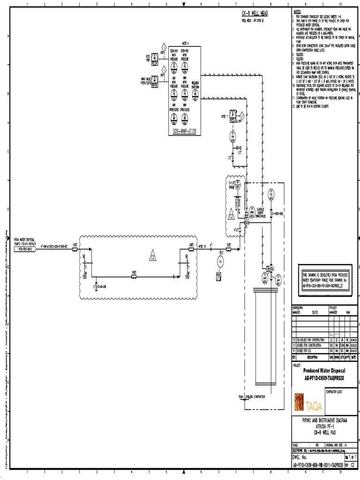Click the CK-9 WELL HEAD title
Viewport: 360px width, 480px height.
tap(255, 14)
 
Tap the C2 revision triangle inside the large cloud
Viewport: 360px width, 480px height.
tap(152, 256)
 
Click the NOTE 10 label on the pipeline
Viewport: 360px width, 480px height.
tap(202, 245)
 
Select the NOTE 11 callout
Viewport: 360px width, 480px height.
tap(225, 115)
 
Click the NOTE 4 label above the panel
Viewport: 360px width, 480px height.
tap(184, 43)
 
